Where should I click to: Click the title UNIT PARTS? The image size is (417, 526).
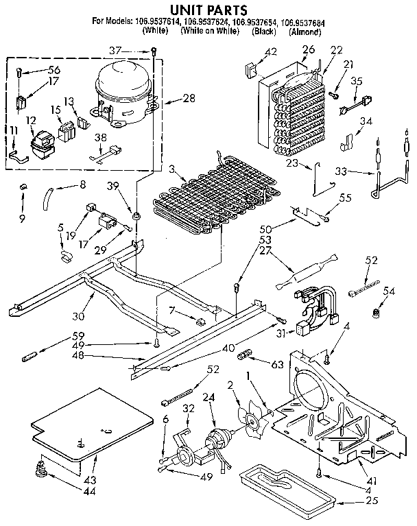tap(210, 9)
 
